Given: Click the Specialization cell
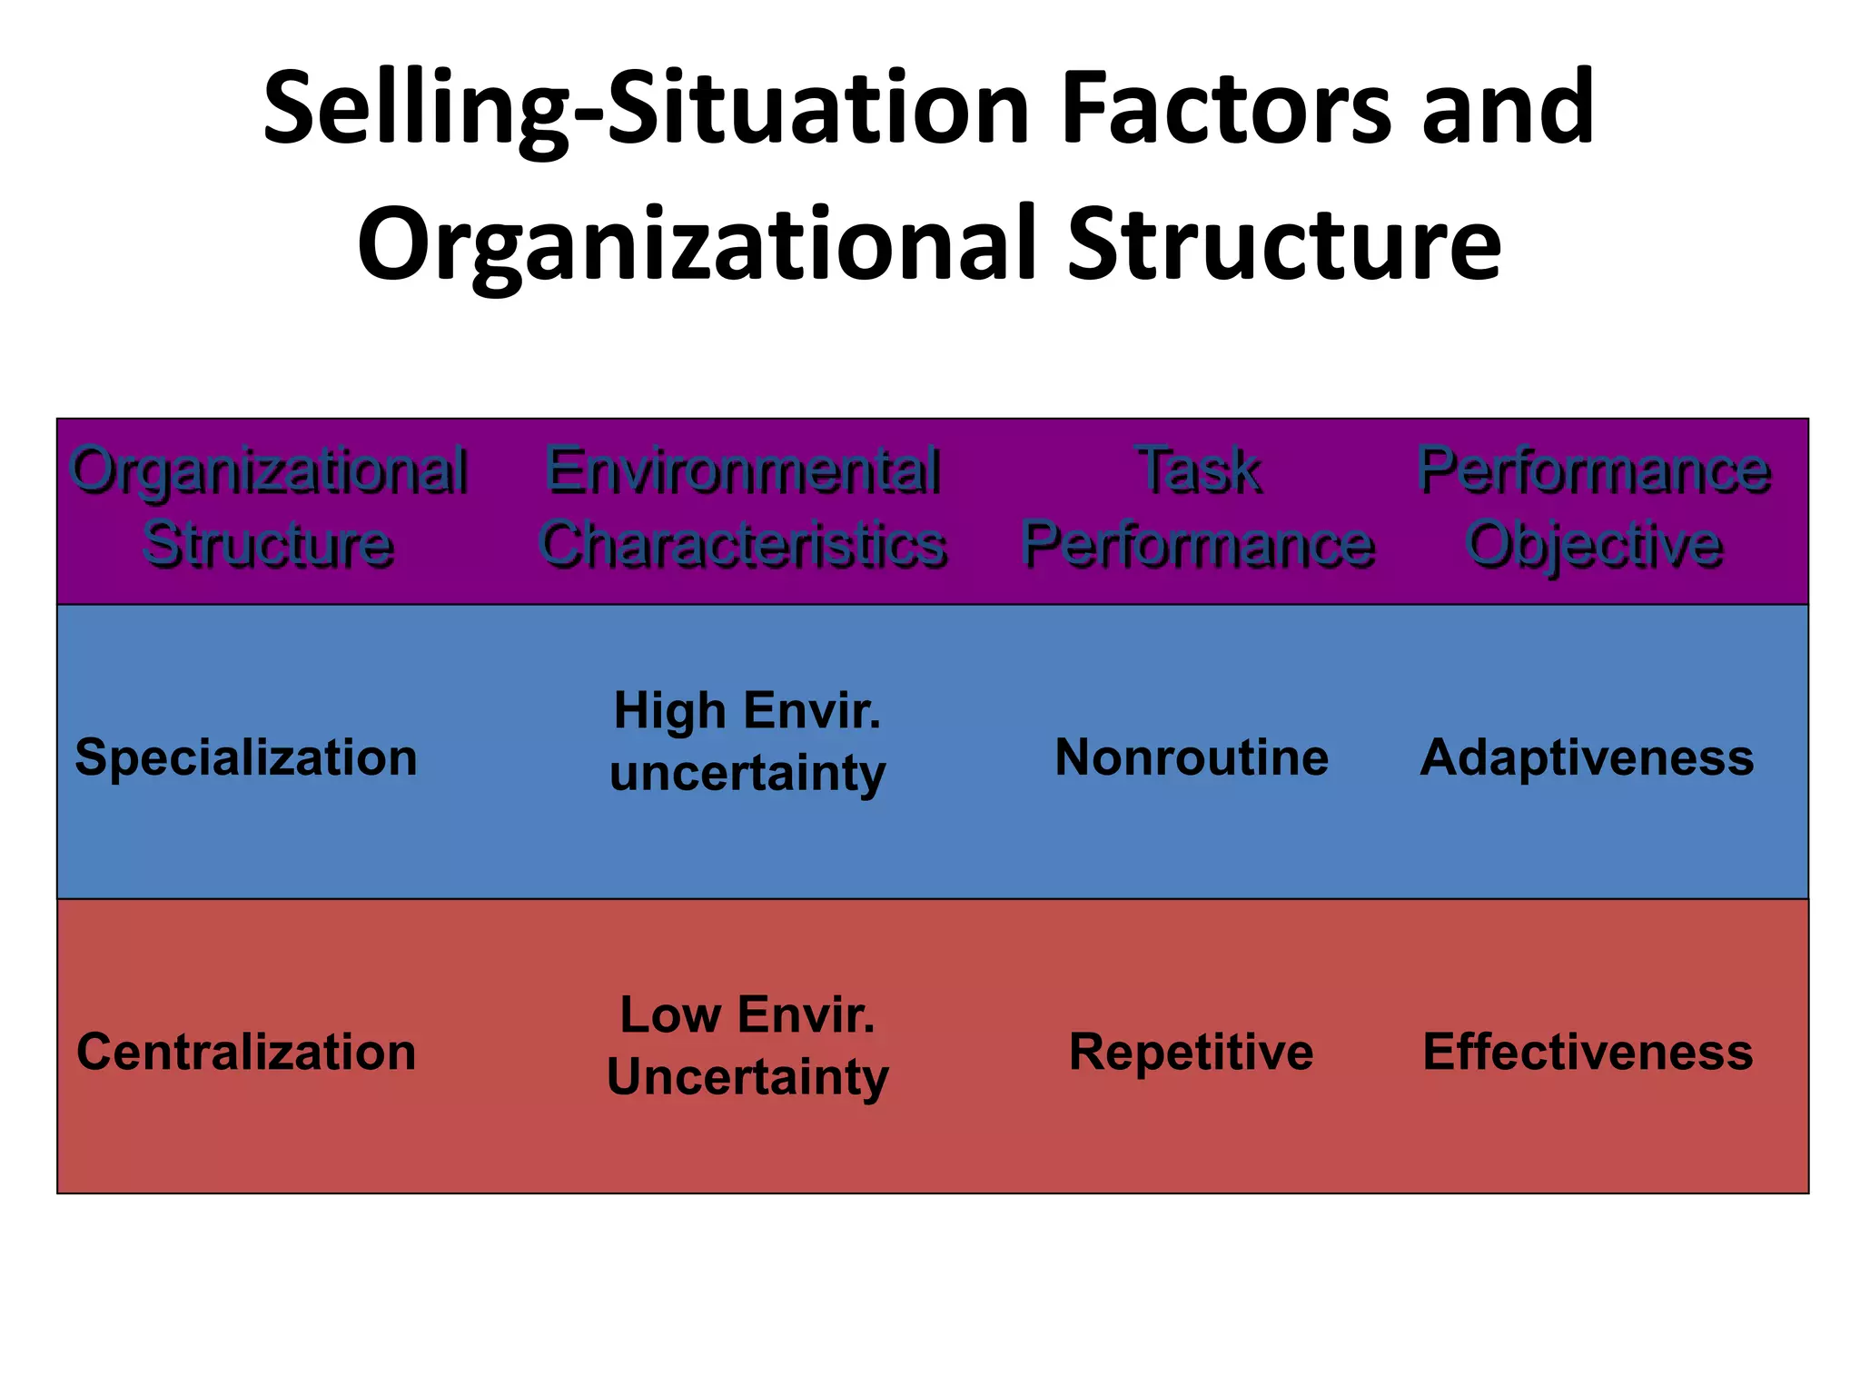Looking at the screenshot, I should [x=246, y=757].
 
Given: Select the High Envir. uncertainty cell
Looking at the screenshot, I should [x=747, y=741].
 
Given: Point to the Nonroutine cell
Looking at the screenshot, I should [x=1192, y=757].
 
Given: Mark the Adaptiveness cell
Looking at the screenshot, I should [x=1587, y=757].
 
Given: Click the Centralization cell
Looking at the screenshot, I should [x=246, y=1052].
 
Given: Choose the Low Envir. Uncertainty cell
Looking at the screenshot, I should [x=747, y=1045].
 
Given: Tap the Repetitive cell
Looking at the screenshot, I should [x=1191, y=1052].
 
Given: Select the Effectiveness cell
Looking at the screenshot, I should [x=1588, y=1052].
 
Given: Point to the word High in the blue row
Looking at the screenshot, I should [x=669, y=710].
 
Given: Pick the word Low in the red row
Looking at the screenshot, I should [x=670, y=1014].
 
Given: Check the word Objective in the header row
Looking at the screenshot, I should [x=1594, y=545].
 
